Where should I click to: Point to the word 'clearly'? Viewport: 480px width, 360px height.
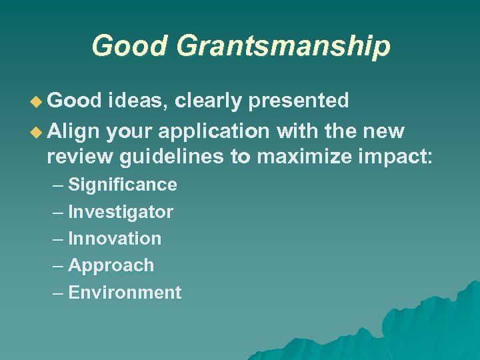(209, 101)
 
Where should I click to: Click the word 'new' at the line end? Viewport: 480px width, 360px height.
(383, 131)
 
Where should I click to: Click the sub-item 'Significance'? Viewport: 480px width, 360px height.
(123, 185)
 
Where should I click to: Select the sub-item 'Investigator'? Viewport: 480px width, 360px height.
(121, 213)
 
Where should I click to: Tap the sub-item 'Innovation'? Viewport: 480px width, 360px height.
(115, 239)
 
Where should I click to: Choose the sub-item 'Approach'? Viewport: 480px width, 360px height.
(111, 265)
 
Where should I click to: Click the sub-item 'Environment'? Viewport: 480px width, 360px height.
(125, 293)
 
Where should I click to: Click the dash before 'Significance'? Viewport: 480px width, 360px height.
(58, 185)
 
